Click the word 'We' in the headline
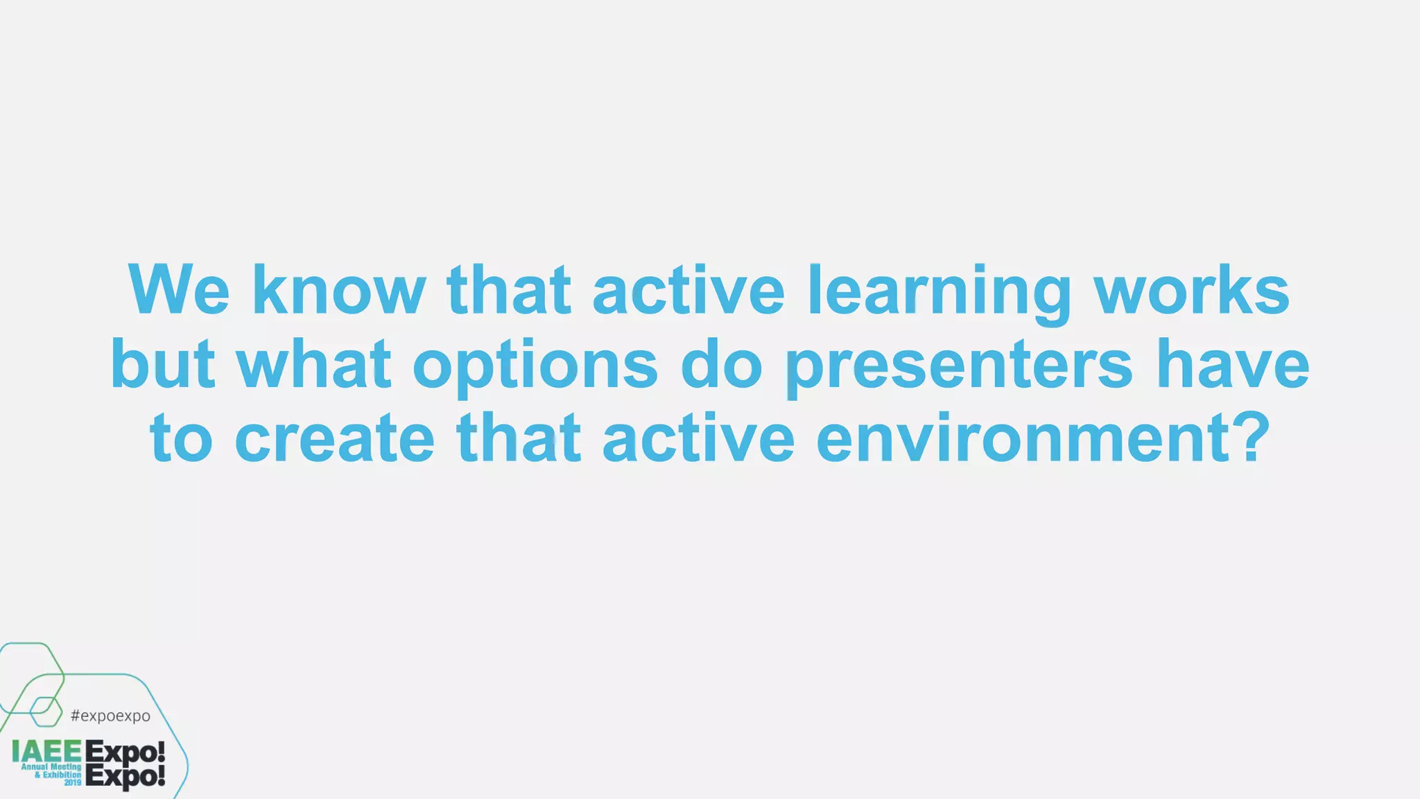(178, 290)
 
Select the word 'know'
(338, 290)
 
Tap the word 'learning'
(940, 291)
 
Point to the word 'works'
(1191, 290)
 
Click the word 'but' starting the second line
(162, 364)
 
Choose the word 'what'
(314, 364)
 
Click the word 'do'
(721, 364)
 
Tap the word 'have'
(1233, 364)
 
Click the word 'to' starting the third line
(181, 439)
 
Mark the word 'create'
(335, 439)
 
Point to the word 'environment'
(1023, 439)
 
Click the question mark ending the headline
(1252, 437)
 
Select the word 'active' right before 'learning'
(688, 290)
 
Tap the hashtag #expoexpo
(110, 716)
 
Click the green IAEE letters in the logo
(46, 751)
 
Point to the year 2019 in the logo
(72, 782)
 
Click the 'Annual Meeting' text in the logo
(51, 767)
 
